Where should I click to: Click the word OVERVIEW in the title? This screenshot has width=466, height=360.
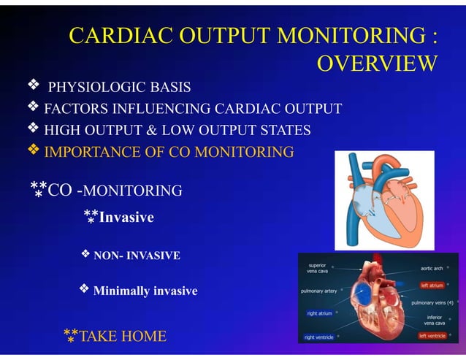click(377, 64)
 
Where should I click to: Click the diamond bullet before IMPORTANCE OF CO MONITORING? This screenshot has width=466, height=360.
click(33, 151)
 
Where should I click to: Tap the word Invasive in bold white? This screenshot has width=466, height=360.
click(126, 217)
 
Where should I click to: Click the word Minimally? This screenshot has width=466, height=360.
click(121, 291)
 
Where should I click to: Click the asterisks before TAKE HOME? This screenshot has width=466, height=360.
click(70, 336)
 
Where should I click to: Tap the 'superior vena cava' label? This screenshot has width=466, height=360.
click(318, 268)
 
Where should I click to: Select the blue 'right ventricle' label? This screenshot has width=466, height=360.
click(320, 337)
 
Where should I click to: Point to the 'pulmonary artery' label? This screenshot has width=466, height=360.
click(319, 291)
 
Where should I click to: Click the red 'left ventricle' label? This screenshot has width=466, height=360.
click(432, 336)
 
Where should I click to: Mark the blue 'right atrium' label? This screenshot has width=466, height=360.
click(319, 313)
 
